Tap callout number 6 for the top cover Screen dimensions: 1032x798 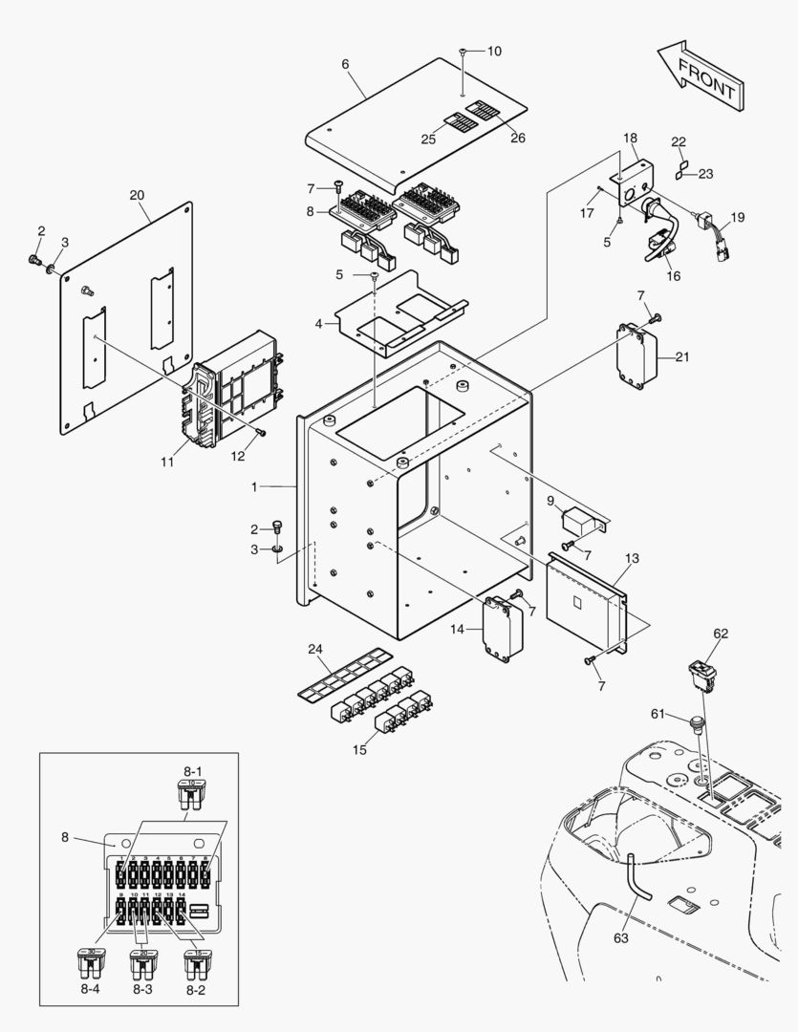345,64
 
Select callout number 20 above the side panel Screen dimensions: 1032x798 137,195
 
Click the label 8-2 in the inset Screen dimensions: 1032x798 195,991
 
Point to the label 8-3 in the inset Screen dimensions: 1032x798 141,991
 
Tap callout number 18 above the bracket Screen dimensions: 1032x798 631,139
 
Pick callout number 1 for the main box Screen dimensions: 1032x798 254,487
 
